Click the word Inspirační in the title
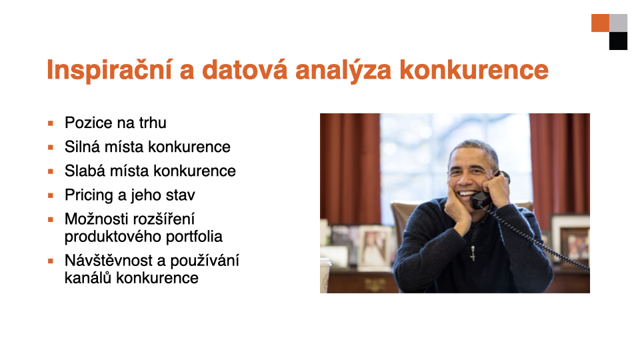tap(110, 70)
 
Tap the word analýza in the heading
tap(343, 70)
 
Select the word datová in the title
tap(245, 70)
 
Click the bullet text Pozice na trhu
tap(115, 123)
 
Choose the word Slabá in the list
tap(85, 171)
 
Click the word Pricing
tap(89, 195)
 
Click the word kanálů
tap(88, 278)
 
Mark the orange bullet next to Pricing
tap(51, 195)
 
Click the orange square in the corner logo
tap(601, 23)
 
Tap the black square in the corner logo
tap(619, 41)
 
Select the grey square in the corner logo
tap(619, 23)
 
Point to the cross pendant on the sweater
tap(473, 253)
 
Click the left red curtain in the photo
tap(350, 169)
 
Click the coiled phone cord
tap(534, 237)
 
